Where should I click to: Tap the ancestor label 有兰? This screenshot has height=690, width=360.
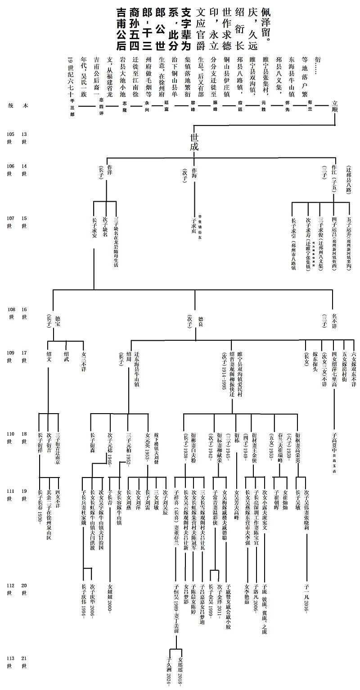[x=309, y=103]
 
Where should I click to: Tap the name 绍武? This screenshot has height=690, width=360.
[x=66, y=355]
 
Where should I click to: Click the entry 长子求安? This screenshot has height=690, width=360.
[x=94, y=228]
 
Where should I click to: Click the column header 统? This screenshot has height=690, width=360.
[x=10, y=105]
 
